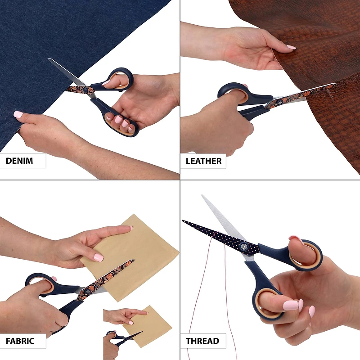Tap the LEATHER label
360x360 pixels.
point(203,161)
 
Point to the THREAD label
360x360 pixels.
point(202,341)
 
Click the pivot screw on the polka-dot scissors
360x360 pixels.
point(243,247)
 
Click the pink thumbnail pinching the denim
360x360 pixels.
point(18,115)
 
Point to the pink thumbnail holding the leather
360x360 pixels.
point(291,47)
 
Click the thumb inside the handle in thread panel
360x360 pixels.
point(301,250)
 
